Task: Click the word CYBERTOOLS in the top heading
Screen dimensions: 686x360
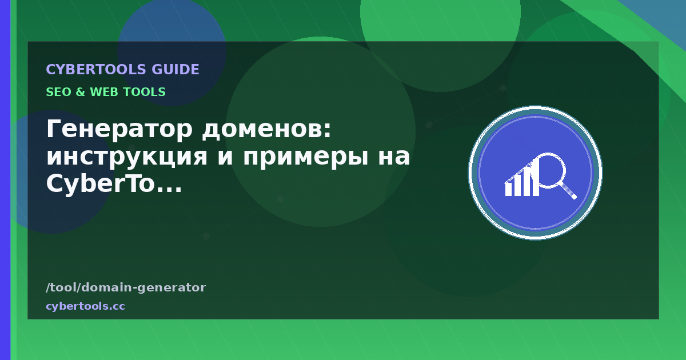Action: point(96,70)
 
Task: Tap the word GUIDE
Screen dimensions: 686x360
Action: point(176,70)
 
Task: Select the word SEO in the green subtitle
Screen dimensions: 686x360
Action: point(58,92)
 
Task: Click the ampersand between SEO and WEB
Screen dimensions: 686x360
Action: point(80,92)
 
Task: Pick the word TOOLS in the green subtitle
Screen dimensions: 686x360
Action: point(142,92)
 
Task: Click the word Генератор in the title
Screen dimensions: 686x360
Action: point(119,129)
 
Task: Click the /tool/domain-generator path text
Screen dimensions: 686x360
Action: point(126,287)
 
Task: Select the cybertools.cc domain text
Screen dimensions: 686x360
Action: point(85,306)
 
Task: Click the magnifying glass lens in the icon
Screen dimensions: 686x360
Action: point(548,170)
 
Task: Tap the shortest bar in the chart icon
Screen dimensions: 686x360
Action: point(508,189)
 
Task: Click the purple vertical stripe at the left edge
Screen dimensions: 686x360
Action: point(5,180)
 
